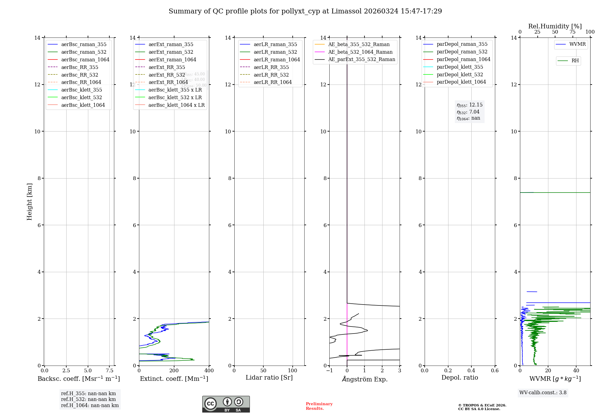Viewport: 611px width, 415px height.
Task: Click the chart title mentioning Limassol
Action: point(305,11)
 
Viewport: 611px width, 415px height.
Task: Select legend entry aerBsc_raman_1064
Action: point(85,60)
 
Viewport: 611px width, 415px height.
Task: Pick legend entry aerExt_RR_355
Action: point(166,67)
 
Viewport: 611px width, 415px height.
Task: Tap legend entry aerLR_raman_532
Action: point(275,52)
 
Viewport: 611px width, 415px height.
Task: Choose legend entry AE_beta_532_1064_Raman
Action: point(360,52)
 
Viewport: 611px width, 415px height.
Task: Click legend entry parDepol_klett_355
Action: point(459,67)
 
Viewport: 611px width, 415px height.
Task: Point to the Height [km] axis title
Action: point(29,202)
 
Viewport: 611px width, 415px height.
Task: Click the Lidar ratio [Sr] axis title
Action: point(269,377)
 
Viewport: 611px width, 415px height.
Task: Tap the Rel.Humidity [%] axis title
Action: point(555,26)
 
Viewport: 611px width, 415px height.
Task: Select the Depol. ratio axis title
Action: point(459,377)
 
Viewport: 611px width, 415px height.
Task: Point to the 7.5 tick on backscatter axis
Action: point(109,371)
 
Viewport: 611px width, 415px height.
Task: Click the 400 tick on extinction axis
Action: point(209,371)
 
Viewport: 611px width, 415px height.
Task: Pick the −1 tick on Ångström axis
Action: point(329,371)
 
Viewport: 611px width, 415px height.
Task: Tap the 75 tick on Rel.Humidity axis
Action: point(573,32)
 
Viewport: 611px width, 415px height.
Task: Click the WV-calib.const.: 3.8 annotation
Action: point(543,393)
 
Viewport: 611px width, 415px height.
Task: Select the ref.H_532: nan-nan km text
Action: point(88,399)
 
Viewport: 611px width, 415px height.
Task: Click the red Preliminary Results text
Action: point(319,406)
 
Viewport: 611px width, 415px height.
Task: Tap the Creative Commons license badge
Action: point(226,404)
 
